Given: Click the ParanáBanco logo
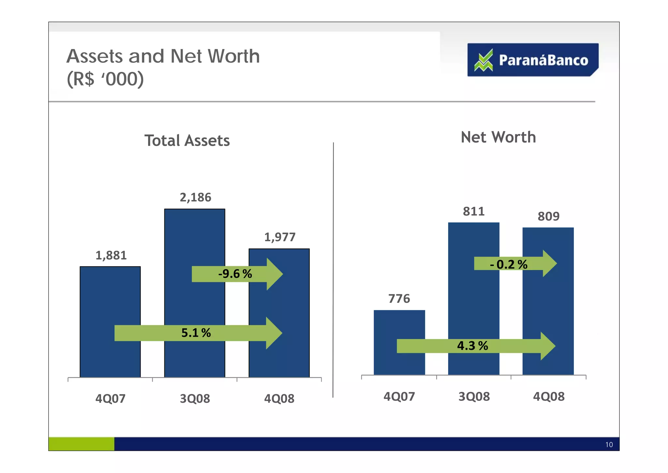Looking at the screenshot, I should tap(532, 60).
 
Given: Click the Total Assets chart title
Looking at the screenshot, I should tap(187, 141).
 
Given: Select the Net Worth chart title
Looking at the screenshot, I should tap(498, 137).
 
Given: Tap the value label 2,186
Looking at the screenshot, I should tap(195, 197).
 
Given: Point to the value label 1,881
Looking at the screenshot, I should tap(111, 255).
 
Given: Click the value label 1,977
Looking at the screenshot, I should tap(280, 237).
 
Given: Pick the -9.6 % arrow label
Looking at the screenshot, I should tap(235, 274).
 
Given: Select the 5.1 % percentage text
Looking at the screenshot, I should tap(196, 333).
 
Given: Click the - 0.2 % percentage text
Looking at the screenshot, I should tap(509, 264).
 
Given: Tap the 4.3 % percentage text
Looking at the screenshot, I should tap(472, 346).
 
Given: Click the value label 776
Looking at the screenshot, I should tap(399, 299).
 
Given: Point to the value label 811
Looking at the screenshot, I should tap(474, 211).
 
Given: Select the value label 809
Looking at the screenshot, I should tap(548, 216).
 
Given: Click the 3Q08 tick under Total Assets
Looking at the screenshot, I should tap(195, 399).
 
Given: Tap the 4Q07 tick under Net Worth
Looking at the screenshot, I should tap(399, 397).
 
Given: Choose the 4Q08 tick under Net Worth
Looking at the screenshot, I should tap(549, 397).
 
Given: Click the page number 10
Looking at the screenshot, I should tap(609, 445).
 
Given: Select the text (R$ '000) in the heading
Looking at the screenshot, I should tap(105, 79).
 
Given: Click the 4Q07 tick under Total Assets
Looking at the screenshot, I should tap(110, 399).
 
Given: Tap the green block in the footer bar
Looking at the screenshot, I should tap(81, 444).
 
